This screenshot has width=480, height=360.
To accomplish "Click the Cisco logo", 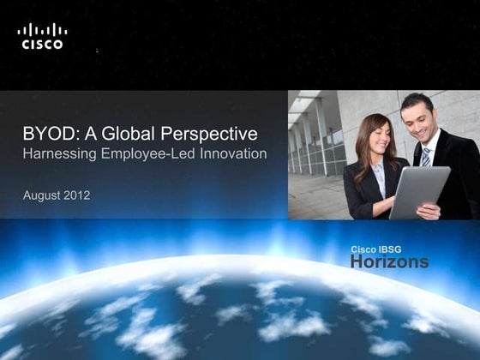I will (42, 37).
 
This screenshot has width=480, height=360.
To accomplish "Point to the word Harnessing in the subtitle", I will (57, 154).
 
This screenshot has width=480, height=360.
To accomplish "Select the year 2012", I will (78, 196).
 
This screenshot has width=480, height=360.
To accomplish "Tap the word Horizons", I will (389, 262).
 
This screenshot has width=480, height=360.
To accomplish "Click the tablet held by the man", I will (418, 189).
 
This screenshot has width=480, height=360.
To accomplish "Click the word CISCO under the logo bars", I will (42, 45).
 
